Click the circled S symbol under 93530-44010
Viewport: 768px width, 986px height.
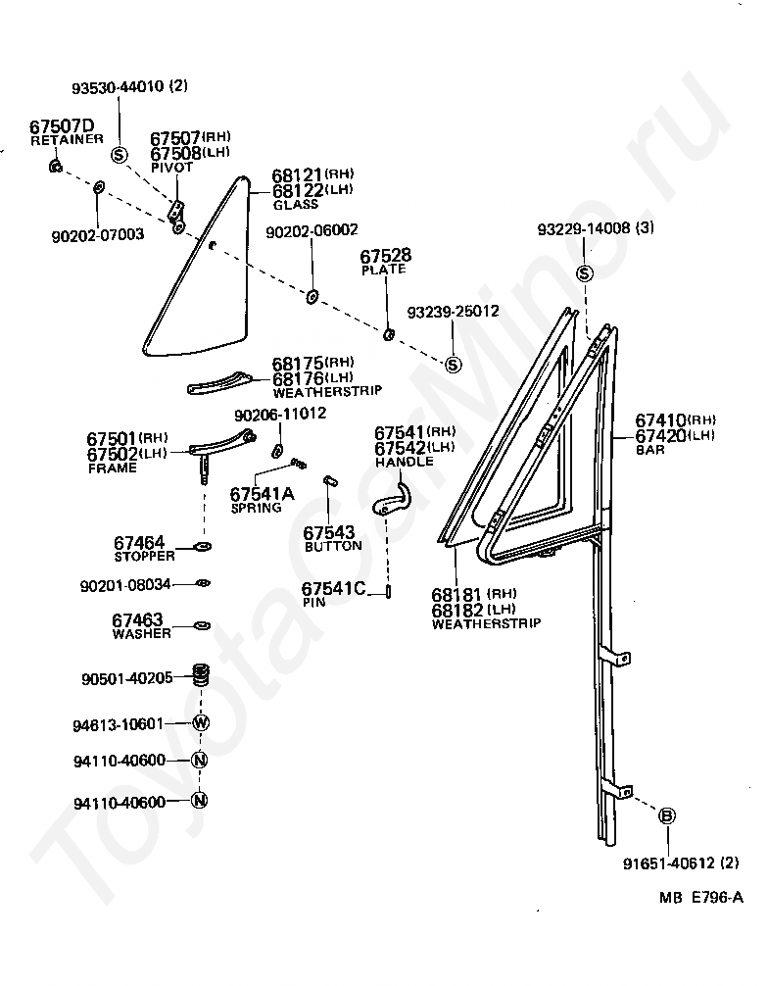[x=120, y=154]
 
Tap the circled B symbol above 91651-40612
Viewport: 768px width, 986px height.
[x=667, y=815]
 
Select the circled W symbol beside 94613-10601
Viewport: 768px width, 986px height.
[x=201, y=723]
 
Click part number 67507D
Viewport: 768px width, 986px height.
[x=62, y=126]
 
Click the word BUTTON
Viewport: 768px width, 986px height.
[x=333, y=546]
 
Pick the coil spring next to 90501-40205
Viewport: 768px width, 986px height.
[x=202, y=677]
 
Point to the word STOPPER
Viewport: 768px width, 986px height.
[x=143, y=556]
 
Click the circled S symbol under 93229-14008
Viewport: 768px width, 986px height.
[x=585, y=272]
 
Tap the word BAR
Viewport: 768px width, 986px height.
[x=649, y=450]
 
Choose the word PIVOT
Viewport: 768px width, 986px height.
[x=171, y=168]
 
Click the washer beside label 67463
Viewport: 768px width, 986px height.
[x=202, y=624]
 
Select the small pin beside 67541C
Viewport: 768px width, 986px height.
[x=389, y=591]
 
